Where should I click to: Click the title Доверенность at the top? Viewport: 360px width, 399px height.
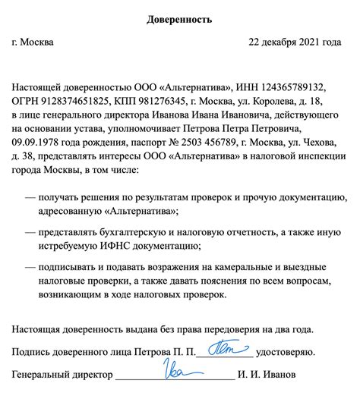(179, 17)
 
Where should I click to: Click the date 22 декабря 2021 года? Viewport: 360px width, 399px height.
(295, 42)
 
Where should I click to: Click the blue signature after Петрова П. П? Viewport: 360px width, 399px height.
(227, 350)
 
